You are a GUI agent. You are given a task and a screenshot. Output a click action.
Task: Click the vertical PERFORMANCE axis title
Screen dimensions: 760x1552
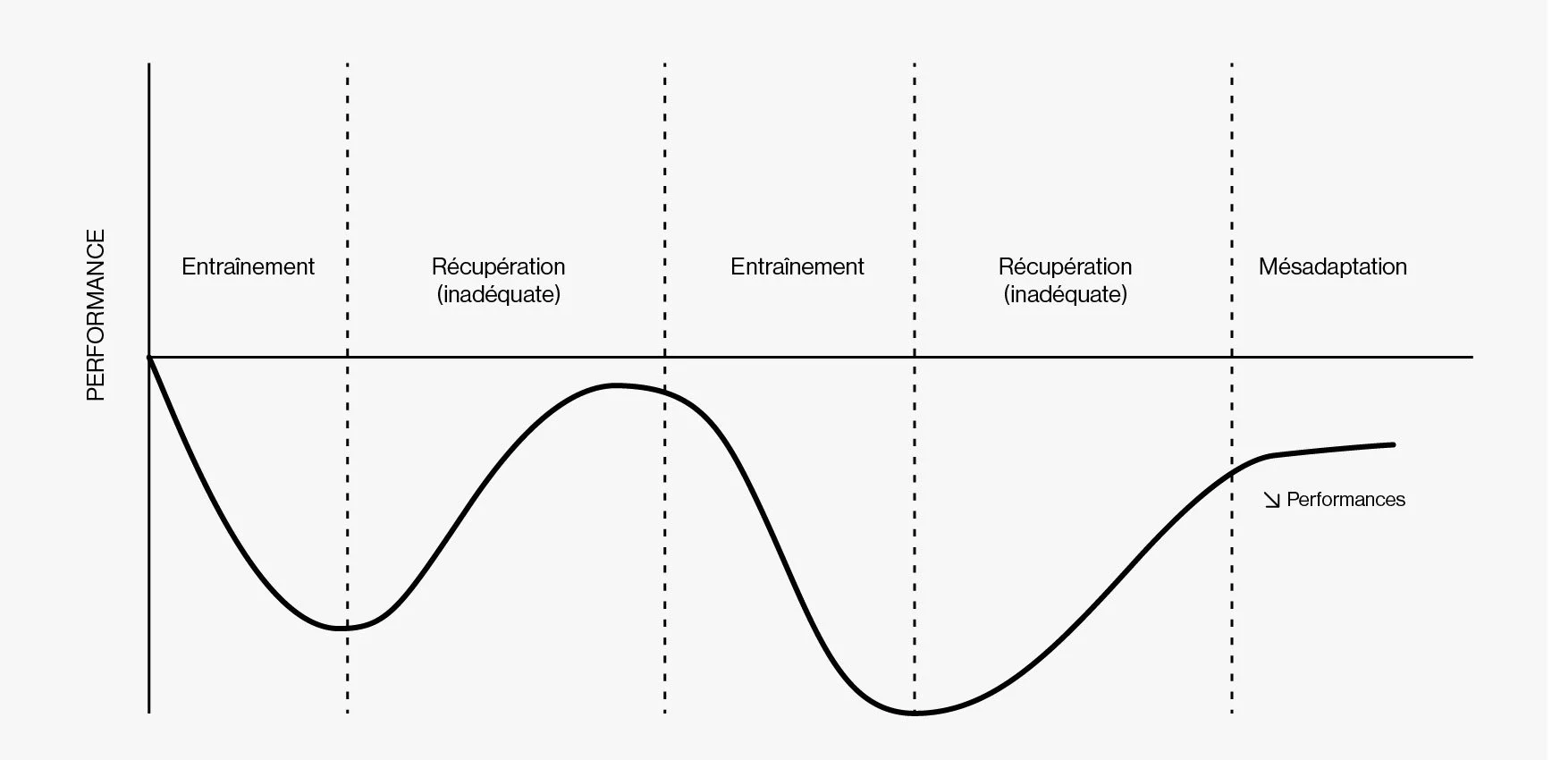tap(96, 315)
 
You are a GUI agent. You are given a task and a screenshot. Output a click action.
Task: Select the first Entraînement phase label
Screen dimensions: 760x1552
tap(248, 266)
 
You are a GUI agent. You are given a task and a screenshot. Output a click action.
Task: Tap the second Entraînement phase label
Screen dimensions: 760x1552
tap(797, 266)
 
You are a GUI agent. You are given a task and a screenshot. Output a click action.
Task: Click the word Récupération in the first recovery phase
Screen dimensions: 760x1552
tap(498, 266)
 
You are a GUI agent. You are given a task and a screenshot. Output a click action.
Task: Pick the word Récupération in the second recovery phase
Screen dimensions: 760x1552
tap(1065, 266)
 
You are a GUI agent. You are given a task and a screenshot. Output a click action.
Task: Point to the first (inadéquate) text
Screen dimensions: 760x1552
tap(498, 294)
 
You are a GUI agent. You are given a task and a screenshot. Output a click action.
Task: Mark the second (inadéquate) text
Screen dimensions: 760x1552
tap(1065, 294)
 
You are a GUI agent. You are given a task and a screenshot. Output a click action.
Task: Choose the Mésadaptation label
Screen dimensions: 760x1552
tap(1332, 266)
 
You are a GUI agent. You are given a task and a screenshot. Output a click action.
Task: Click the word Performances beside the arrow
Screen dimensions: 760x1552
tap(1345, 500)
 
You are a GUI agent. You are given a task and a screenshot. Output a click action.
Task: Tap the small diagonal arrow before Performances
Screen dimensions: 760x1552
tap(1271, 500)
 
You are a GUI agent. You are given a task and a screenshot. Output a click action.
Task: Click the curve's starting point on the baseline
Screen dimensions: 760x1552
tap(149, 358)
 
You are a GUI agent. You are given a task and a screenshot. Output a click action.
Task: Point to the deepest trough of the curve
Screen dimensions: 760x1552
tap(914, 714)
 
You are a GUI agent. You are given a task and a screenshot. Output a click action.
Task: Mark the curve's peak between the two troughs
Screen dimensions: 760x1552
tap(617, 385)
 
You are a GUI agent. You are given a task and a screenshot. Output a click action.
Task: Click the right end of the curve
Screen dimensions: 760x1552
tap(1393, 444)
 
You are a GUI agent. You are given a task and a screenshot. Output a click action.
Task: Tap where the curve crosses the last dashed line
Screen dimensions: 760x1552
tap(1232, 472)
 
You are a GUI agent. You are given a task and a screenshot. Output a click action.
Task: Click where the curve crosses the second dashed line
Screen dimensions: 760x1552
tap(665, 392)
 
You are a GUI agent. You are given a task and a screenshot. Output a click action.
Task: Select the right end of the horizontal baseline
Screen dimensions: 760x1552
tap(1472, 358)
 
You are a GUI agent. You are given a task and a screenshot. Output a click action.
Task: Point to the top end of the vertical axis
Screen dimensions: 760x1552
tap(149, 64)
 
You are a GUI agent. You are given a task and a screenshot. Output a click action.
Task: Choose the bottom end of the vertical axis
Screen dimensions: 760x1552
tap(149, 712)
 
